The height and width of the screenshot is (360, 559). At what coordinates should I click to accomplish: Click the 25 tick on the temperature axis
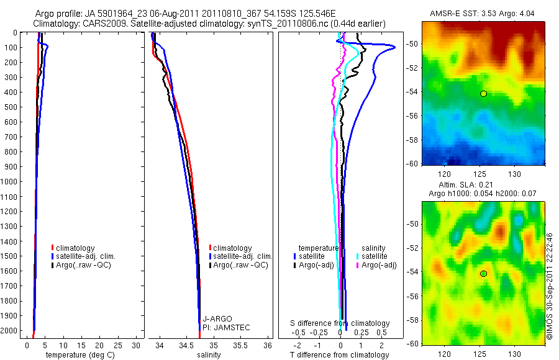point(119,344)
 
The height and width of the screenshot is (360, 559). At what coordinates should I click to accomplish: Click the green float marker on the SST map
point(483,94)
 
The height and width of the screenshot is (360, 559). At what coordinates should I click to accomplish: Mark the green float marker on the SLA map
point(483,274)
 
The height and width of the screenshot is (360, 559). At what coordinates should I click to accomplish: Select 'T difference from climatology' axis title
point(339,355)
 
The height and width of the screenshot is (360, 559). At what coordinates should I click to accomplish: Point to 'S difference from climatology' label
point(340,323)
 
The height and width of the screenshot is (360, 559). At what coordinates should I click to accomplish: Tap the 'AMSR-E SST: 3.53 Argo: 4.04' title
point(483,14)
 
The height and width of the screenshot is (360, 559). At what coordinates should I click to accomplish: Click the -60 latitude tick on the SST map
point(414,164)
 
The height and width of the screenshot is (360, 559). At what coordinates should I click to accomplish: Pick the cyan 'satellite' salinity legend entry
point(375,256)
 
